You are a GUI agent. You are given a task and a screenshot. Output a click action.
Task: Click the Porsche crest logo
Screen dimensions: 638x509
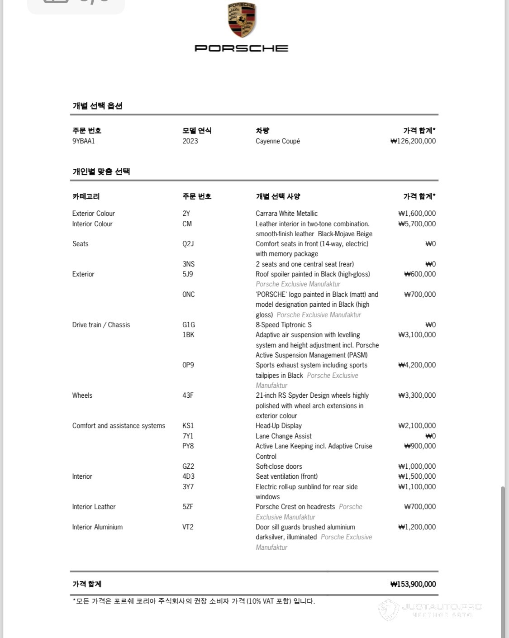click(x=242, y=20)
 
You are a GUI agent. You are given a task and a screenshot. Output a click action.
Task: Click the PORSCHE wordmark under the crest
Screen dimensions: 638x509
click(x=241, y=48)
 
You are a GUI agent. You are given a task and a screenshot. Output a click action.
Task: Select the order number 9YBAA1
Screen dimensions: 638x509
click(x=84, y=141)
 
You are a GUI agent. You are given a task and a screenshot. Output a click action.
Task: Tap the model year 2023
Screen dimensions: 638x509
click(x=190, y=141)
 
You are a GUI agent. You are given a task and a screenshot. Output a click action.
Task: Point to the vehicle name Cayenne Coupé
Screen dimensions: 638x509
click(x=278, y=141)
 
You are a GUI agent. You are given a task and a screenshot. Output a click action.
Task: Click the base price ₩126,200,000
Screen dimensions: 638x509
click(x=413, y=141)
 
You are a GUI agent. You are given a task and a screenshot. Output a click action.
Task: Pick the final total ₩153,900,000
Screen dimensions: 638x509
click(x=413, y=584)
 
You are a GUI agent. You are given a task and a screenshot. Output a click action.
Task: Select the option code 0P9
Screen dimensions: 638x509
click(x=188, y=365)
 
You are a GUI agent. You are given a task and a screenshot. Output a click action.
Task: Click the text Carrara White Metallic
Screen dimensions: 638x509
click(x=286, y=213)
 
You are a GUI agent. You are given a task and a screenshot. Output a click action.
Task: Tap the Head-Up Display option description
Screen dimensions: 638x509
click(x=279, y=425)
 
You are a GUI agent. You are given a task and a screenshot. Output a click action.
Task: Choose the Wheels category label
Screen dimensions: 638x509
click(x=82, y=395)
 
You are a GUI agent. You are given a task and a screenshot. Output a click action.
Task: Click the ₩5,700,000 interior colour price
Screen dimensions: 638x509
click(x=417, y=224)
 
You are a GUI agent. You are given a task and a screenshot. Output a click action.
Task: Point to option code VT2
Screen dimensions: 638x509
click(x=188, y=527)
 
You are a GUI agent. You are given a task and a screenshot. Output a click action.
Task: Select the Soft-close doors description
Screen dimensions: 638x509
click(x=279, y=466)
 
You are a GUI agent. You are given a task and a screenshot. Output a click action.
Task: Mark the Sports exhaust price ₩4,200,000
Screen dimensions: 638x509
click(x=417, y=365)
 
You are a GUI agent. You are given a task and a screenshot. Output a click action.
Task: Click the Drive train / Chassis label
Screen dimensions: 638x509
click(x=101, y=324)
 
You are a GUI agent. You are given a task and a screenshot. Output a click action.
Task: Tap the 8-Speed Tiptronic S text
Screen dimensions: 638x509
click(x=284, y=324)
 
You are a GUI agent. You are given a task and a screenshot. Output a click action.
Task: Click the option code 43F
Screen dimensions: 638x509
click(x=188, y=395)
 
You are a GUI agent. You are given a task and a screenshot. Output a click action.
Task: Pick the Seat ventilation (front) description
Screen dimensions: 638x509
click(x=286, y=476)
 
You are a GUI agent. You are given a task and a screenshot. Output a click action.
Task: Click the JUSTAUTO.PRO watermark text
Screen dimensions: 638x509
click(x=442, y=607)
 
